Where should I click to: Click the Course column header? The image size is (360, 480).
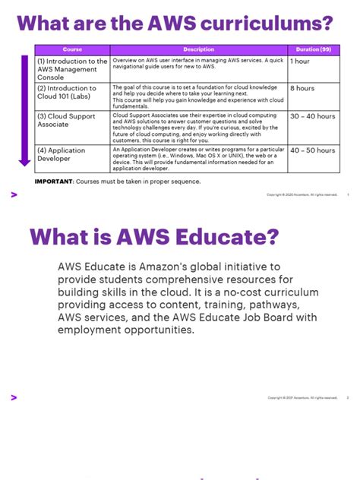pos(72,49)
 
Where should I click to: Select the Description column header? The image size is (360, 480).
pos(198,49)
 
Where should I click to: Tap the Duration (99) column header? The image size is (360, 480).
pos(314,49)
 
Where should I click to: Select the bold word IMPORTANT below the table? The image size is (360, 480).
pos(53,182)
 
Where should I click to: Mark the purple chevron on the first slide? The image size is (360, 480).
pos(14,195)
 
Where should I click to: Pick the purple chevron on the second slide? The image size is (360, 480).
pos(14,397)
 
